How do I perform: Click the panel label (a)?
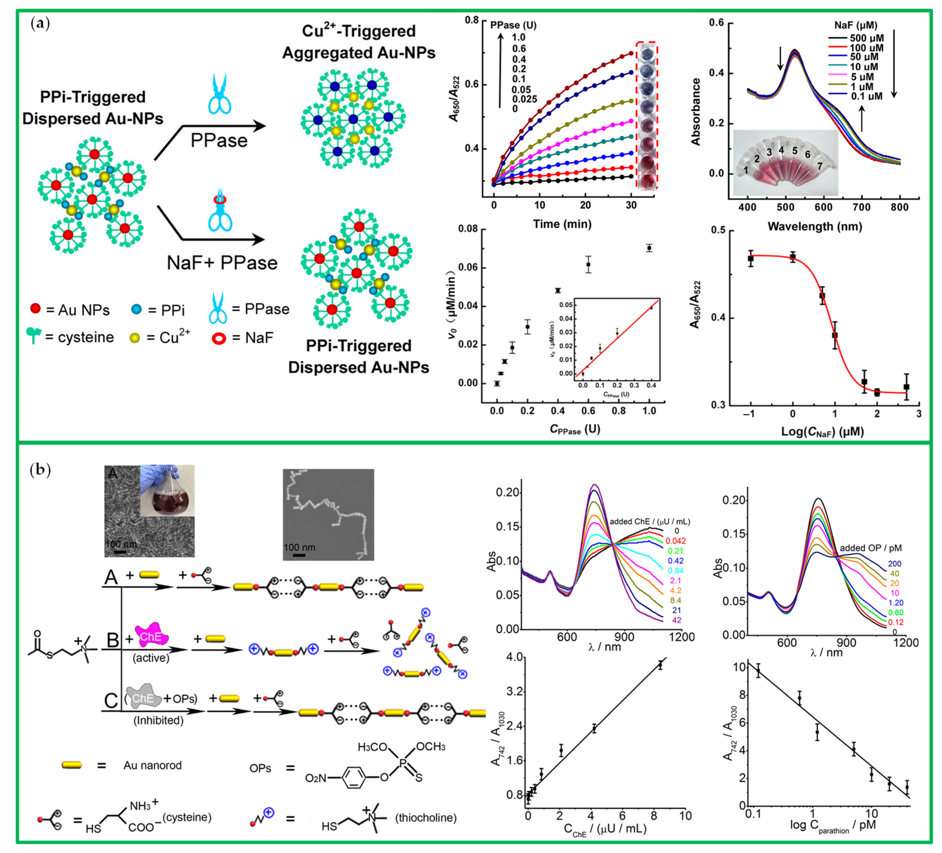coord(40,23)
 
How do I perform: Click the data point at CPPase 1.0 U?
coord(649,248)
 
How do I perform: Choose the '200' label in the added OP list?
coord(894,563)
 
